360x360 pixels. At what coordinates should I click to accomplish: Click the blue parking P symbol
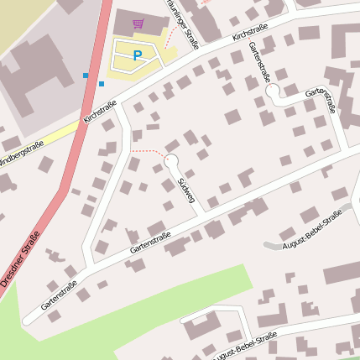138,55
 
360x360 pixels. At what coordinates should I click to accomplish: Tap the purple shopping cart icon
138,23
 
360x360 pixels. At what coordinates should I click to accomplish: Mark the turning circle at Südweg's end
171,159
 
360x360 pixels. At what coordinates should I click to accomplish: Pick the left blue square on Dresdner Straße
86,76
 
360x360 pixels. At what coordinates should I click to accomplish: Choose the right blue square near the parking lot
102,84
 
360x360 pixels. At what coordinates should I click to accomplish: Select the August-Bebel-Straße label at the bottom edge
246,347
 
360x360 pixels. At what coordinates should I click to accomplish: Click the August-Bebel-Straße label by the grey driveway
313,230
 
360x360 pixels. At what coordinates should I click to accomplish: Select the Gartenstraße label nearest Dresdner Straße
59,295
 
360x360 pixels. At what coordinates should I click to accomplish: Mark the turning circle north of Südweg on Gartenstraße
273,90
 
